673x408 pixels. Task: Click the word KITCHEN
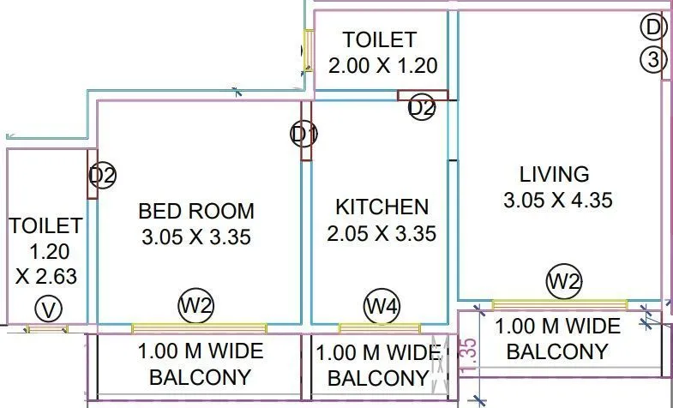(x=382, y=207)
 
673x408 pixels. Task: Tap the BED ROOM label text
(x=196, y=211)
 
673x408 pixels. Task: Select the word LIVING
(x=555, y=174)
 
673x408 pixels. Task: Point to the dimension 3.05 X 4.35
(x=558, y=201)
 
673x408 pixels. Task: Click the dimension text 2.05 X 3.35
(x=382, y=233)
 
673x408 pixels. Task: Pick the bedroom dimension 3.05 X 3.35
(x=196, y=237)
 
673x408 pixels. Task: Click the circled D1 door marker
(x=304, y=134)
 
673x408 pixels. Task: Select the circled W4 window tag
(x=379, y=303)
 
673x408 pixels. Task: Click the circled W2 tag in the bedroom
(x=195, y=304)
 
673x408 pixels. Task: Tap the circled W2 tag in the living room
(x=566, y=280)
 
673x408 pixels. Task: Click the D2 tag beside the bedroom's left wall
(x=103, y=176)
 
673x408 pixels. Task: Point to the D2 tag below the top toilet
(x=421, y=107)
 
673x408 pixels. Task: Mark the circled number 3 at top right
(x=653, y=60)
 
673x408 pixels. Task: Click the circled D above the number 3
(x=653, y=28)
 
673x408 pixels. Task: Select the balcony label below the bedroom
(x=201, y=363)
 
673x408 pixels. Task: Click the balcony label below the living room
(x=557, y=338)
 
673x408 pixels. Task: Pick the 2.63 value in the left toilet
(x=53, y=276)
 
